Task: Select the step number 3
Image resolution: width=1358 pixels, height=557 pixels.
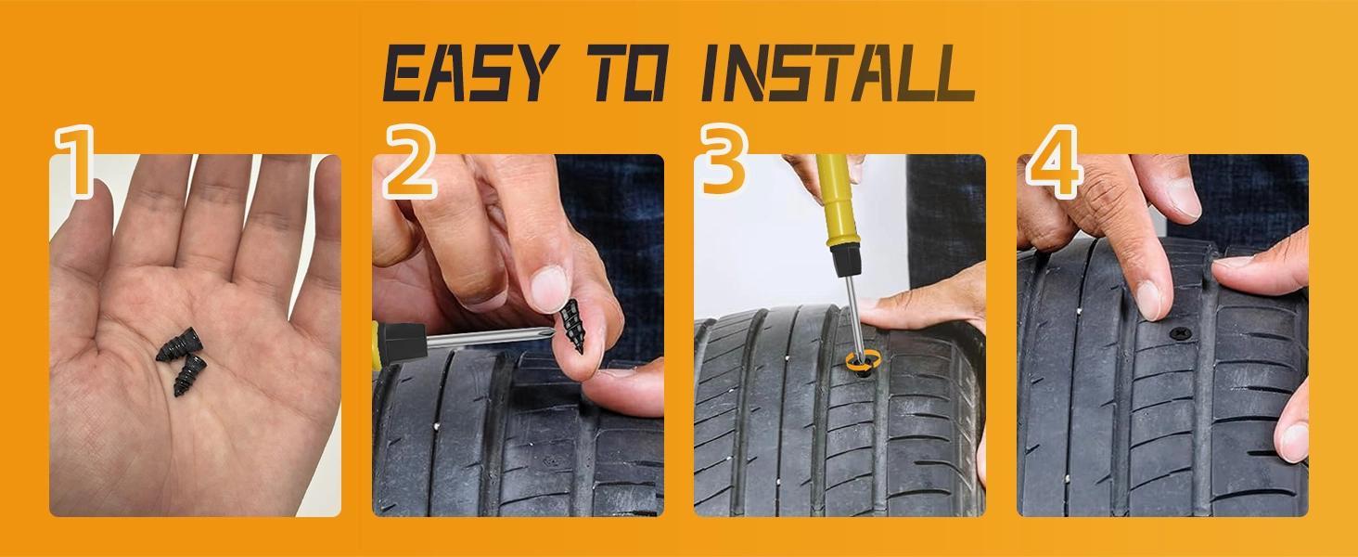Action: (724, 163)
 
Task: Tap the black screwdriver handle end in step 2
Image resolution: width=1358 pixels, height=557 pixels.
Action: (394, 340)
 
